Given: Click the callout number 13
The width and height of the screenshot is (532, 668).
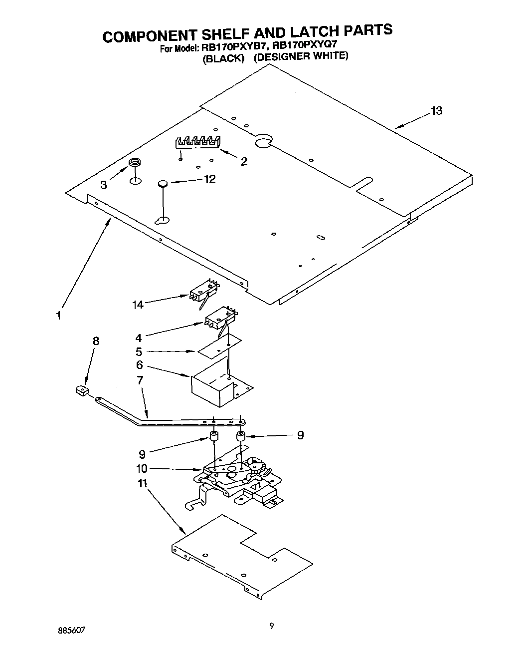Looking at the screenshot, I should [x=436, y=111].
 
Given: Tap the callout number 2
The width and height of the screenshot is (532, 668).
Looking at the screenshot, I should [x=244, y=161].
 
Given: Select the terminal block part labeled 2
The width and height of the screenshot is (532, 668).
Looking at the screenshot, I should [x=196, y=142].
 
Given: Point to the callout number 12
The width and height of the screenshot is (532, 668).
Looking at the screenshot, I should [x=210, y=179].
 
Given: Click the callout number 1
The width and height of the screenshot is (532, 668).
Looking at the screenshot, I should [x=58, y=316].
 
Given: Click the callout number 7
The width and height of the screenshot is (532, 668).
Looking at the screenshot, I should [x=140, y=380].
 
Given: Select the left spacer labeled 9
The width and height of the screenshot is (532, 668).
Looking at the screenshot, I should [x=213, y=436].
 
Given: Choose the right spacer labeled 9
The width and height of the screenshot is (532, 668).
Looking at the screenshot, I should [x=241, y=436].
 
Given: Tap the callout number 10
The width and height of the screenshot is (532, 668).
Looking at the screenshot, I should [x=142, y=468].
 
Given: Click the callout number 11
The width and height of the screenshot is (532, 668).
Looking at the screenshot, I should [x=143, y=483].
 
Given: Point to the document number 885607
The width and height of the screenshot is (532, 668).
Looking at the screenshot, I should [x=71, y=630].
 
